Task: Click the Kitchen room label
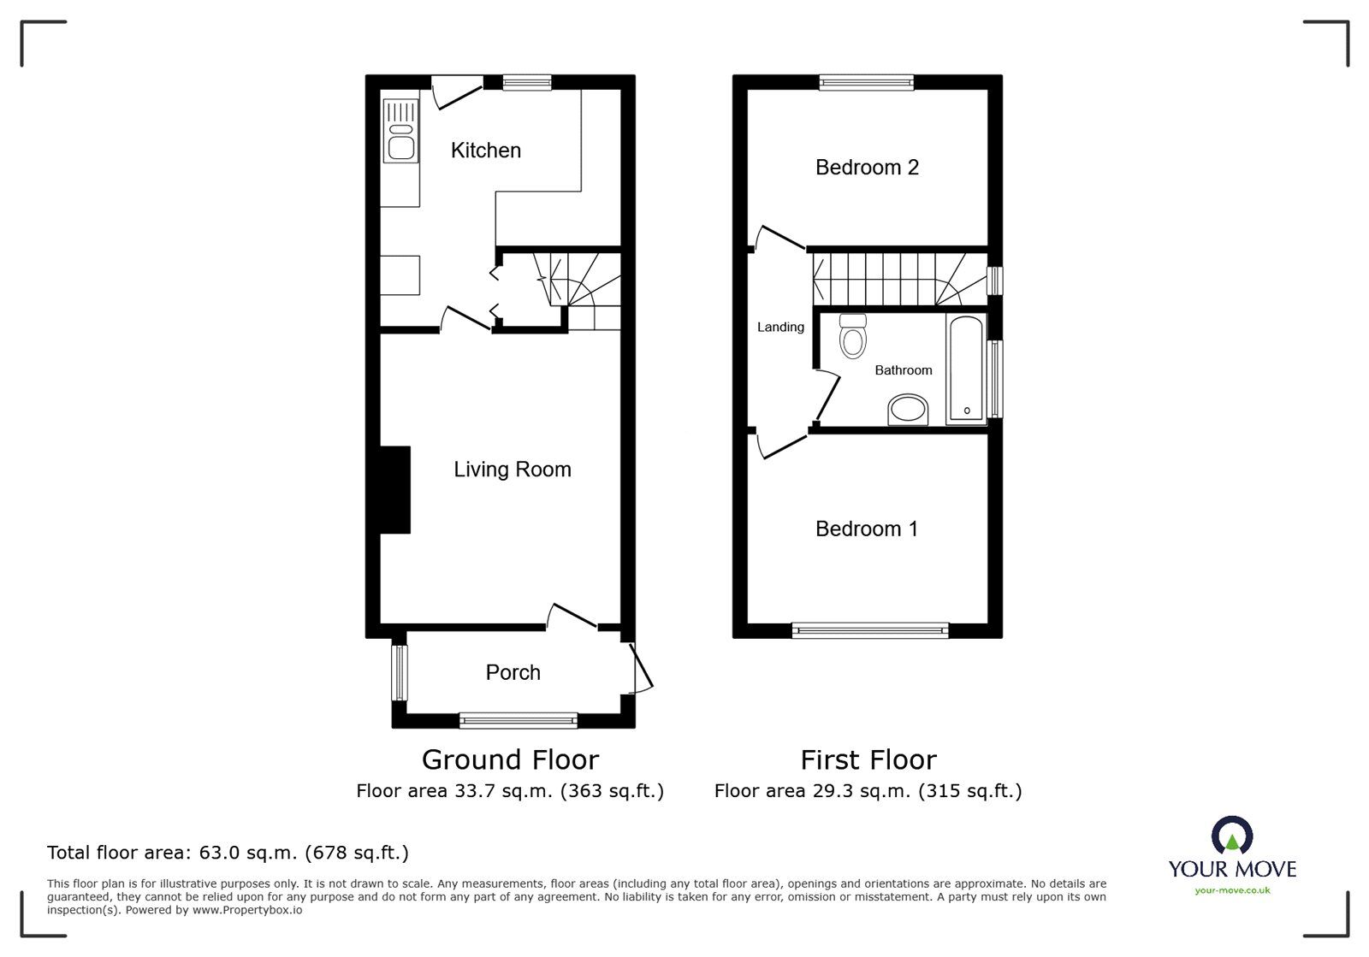tap(485, 151)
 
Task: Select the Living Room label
tap(512, 470)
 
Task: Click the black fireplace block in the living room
tap(395, 490)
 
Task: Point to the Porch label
tap(513, 673)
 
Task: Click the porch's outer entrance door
tap(641, 668)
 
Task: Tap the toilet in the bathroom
tap(852, 336)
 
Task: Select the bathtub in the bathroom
tap(966, 369)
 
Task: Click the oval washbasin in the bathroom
tap(908, 411)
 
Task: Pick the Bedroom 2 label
tap(866, 168)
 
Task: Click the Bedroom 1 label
tap(866, 529)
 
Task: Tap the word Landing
tap(779, 328)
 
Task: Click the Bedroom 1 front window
tap(869, 631)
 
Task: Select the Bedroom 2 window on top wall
tap(866, 82)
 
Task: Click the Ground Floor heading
tap(510, 759)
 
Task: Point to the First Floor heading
tap(868, 759)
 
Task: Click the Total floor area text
tap(228, 853)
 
